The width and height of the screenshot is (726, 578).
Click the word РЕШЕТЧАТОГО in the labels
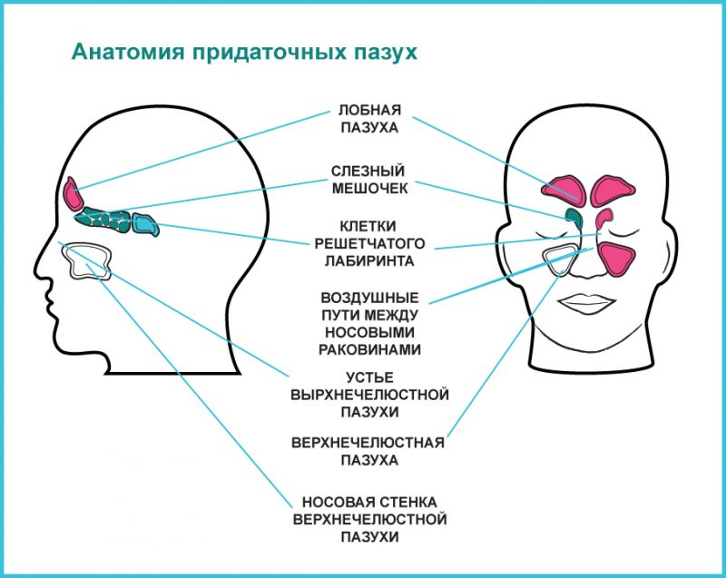(368, 242)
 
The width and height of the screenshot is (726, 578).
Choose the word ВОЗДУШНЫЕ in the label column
(369, 297)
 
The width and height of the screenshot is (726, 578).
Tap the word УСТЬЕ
(368, 377)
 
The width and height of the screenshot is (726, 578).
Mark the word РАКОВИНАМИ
(369, 348)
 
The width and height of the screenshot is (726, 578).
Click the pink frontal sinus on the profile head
(73, 193)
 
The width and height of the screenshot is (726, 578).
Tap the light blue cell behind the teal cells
(144, 224)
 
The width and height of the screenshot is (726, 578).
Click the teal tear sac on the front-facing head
(573, 218)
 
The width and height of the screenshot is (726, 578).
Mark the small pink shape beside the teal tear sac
(604, 219)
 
